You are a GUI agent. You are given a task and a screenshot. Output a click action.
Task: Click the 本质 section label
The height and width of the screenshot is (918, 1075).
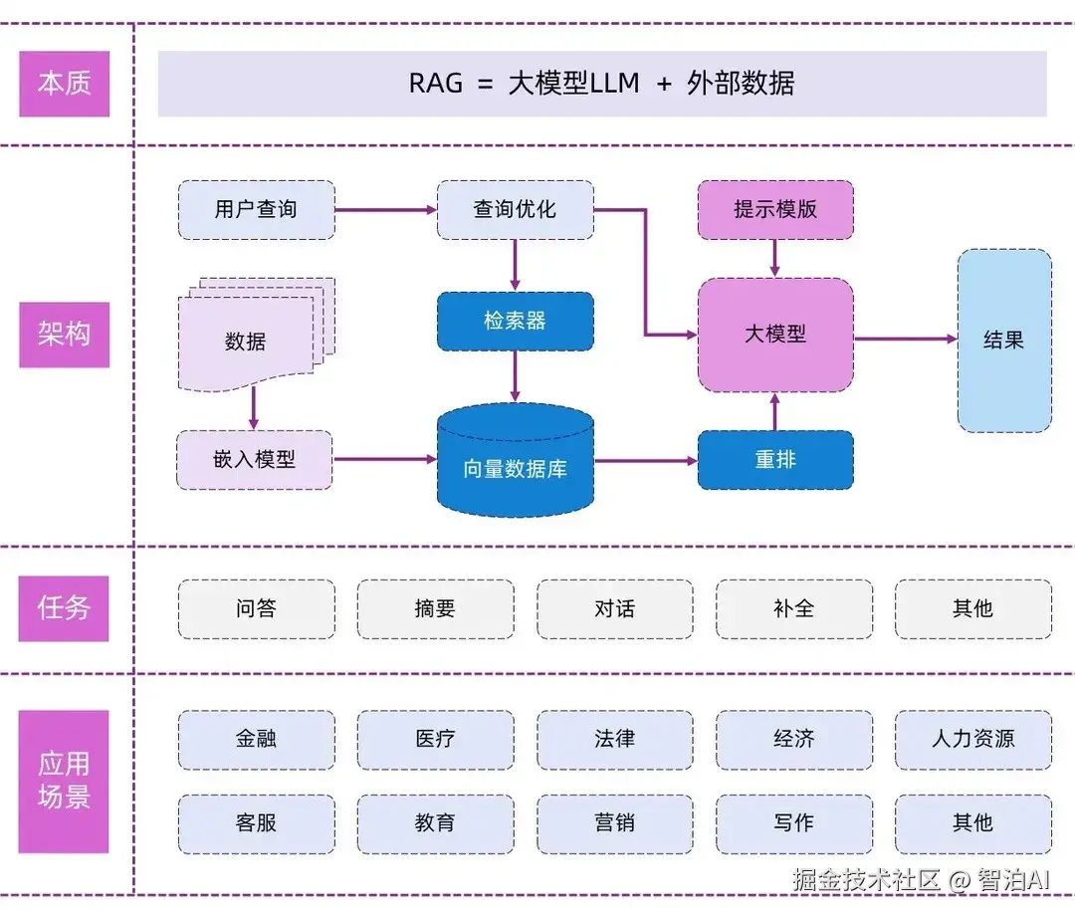tap(64, 84)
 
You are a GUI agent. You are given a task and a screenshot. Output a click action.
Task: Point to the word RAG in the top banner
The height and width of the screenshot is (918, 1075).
tap(436, 84)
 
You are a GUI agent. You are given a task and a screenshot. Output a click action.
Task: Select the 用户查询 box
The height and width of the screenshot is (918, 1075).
tap(256, 210)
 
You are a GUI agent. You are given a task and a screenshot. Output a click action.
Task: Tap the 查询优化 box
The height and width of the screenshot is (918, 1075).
tap(515, 210)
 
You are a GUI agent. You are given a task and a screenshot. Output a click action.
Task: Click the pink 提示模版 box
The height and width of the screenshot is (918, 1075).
tap(774, 210)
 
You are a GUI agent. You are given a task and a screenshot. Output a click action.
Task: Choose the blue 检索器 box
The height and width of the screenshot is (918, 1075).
tap(515, 322)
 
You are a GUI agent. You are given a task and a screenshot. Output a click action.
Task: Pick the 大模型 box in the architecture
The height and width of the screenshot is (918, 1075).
tap(774, 335)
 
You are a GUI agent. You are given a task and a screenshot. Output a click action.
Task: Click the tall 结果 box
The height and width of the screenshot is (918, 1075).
tap(1003, 340)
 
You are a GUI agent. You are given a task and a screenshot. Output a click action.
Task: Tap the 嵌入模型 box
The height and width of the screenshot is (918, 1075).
tap(254, 460)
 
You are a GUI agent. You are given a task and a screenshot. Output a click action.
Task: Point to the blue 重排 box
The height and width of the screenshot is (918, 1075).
tap(774, 460)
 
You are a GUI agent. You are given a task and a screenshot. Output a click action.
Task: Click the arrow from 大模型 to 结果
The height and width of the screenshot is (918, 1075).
tap(905, 340)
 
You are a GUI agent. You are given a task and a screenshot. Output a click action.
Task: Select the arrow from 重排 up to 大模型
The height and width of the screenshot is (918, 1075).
tap(774, 410)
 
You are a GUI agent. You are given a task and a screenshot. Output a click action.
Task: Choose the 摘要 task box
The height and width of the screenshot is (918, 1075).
tap(435, 608)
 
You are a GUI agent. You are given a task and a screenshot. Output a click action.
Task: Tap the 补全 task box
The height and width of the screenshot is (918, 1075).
tap(793, 608)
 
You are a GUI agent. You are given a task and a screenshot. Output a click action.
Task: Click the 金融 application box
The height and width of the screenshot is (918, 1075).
tap(256, 739)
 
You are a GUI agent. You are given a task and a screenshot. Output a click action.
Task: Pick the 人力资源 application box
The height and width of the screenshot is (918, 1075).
tap(972, 739)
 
